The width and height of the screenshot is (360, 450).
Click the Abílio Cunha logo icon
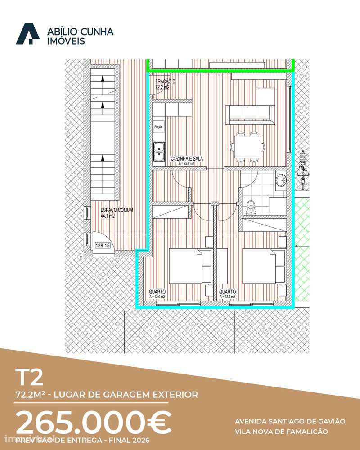click(x=27, y=34)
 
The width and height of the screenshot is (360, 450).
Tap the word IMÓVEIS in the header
click(x=66, y=41)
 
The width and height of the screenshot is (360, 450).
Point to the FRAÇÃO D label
click(x=165, y=81)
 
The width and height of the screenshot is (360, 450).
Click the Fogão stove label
click(x=159, y=127)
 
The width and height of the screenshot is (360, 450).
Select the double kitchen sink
click(x=159, y=151)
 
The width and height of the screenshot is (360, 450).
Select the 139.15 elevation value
click(x=103, y=246)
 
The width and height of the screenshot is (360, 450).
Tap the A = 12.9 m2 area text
click(x=157, y=297)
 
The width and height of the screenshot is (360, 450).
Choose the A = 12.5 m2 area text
click(x=228, y=297)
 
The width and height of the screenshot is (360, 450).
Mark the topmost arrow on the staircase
click(x=103, y=78)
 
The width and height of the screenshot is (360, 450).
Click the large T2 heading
click(x=30, y=377)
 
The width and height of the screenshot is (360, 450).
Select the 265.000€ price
click(x=94, y=423)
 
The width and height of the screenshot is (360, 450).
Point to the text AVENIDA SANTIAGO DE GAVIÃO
click(x=290, y=422)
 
